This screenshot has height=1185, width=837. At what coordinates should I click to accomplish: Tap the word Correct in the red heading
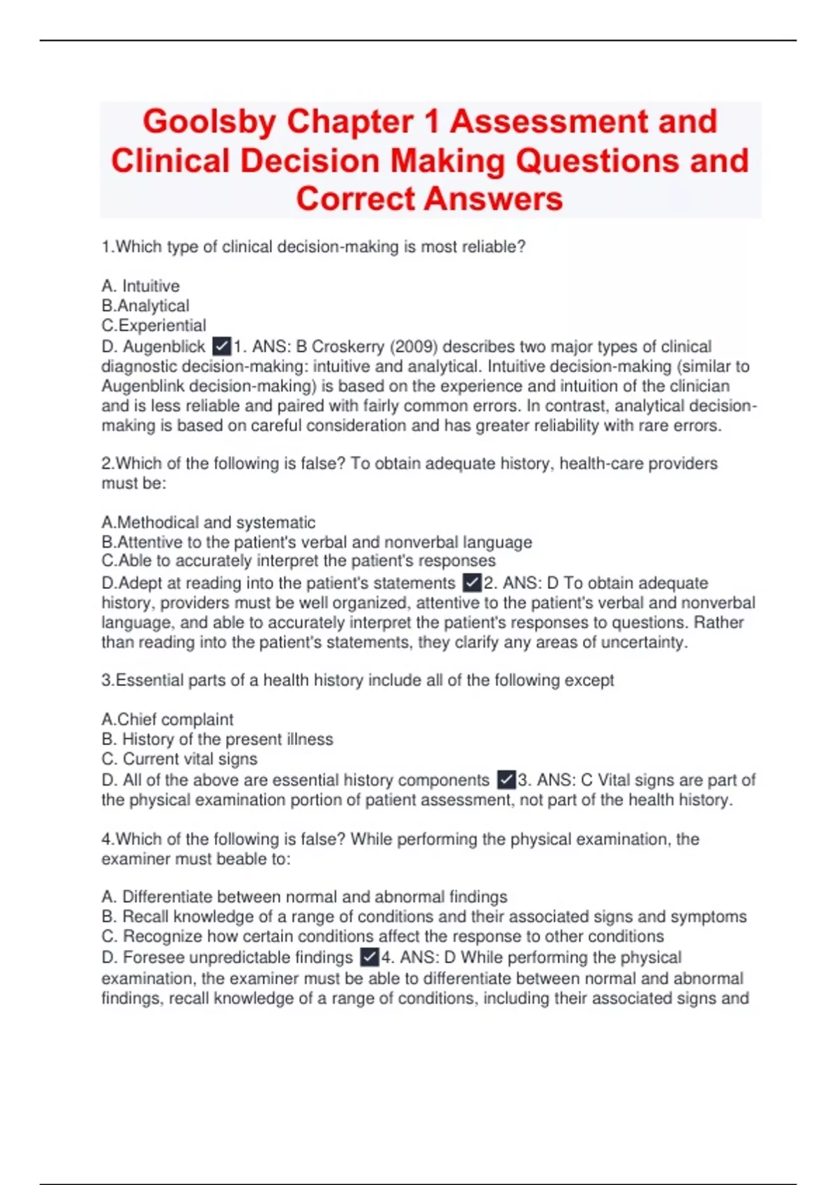point(355,199)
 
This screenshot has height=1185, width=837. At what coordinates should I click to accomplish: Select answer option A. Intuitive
point(140,286)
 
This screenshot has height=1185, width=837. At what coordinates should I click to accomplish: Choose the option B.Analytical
point(145,305)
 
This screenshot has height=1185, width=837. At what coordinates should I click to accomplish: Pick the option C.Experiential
point(153,326)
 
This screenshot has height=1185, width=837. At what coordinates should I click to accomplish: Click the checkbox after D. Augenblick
point(221,346)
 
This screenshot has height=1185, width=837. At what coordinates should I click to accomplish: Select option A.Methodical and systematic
point(208,522)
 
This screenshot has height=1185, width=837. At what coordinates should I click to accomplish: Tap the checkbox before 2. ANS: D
point(472,583)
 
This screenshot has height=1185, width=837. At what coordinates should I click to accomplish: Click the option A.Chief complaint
point(167,719)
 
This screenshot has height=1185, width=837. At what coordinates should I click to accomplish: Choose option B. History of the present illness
point(217,739)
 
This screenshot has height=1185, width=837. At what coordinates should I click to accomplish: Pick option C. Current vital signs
point(179,758)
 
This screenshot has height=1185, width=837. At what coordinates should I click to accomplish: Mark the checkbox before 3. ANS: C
point(506,780)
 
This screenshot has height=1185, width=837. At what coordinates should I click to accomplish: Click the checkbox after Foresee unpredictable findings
point(370,958)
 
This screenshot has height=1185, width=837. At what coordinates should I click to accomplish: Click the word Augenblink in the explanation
point(143,386)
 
